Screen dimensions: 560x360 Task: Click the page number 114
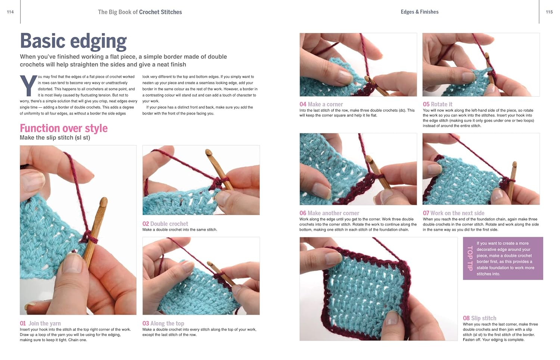[10, 12]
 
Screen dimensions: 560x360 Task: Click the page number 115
[549, 12]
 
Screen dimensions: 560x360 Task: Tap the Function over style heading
[64, 128]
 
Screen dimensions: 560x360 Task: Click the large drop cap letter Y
[28, 85]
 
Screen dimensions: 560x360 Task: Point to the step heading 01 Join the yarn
[40, 323]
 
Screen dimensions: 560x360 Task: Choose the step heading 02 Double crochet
[165, 224]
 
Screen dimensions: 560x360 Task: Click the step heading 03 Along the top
[163, 323]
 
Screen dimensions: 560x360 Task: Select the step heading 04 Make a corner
[321, 104]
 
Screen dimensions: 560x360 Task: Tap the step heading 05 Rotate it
[438, 104]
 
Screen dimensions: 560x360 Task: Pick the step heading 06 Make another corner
[329, 213]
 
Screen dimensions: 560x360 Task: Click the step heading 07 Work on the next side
[454, 213]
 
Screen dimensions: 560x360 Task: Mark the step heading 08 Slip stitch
[479, 318]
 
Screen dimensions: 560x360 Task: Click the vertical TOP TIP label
[470, 258]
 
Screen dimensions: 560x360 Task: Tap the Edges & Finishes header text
[420, 12]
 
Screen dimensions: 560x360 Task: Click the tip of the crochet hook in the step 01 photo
[104, 201]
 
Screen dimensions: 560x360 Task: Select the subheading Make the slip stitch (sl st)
[55, 138]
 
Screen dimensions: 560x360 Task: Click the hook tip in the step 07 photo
[514, 164]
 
